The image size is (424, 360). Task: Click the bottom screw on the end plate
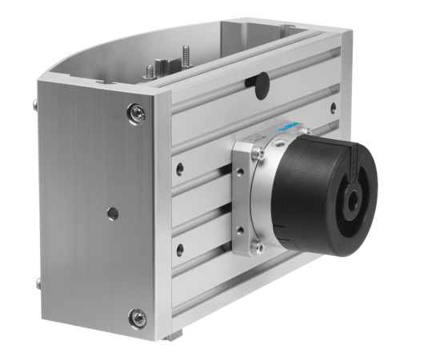[x=138, y=318]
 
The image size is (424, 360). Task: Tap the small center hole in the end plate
[x=113, y=214]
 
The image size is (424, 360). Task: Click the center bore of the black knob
[x=351, y=193]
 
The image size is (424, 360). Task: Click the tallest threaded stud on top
[x=184, y=57]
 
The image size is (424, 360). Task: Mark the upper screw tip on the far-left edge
[x=38, y=103]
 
